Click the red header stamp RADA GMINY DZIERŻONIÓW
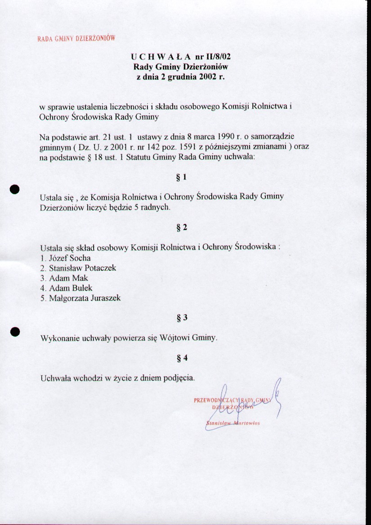point(76,38)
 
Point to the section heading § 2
point(182,227)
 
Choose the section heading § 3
point(182,318)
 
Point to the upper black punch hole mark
point(15,189)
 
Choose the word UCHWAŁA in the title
point(161,57)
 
